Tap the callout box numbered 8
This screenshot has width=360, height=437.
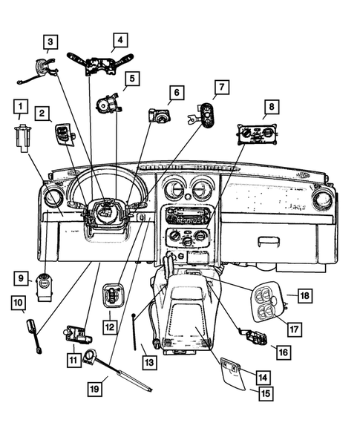coord(272,107)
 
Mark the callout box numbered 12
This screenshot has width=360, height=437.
coord(110,325)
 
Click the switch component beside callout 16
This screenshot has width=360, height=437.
coord(253,338)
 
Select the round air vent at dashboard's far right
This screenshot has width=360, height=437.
coord(323,200)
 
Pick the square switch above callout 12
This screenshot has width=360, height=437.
coord(111,295)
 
